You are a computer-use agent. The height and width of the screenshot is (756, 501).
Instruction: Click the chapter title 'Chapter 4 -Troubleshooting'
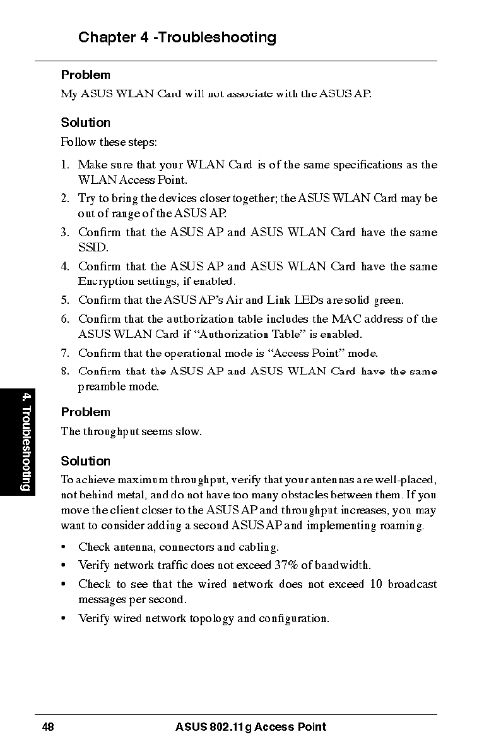click(x=177, y=38)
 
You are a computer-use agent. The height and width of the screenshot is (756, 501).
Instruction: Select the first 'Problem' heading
click(x=85, y=75)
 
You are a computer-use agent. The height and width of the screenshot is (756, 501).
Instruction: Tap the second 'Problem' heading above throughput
click(x=85, y=412)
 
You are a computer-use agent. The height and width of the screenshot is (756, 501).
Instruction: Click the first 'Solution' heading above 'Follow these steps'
click(x=85, y=123)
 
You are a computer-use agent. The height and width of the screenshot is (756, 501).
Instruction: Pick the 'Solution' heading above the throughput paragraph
click(x=85, y=461)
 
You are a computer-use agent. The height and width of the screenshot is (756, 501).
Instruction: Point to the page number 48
click(x=48, y=727)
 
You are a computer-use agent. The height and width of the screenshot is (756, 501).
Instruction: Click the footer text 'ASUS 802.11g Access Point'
click(x=250, y=727)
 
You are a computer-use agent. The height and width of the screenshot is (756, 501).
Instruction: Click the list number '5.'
click(x=65, y=300)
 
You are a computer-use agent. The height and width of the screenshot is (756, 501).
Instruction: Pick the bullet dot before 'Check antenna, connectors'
click(x=64, y=547)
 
